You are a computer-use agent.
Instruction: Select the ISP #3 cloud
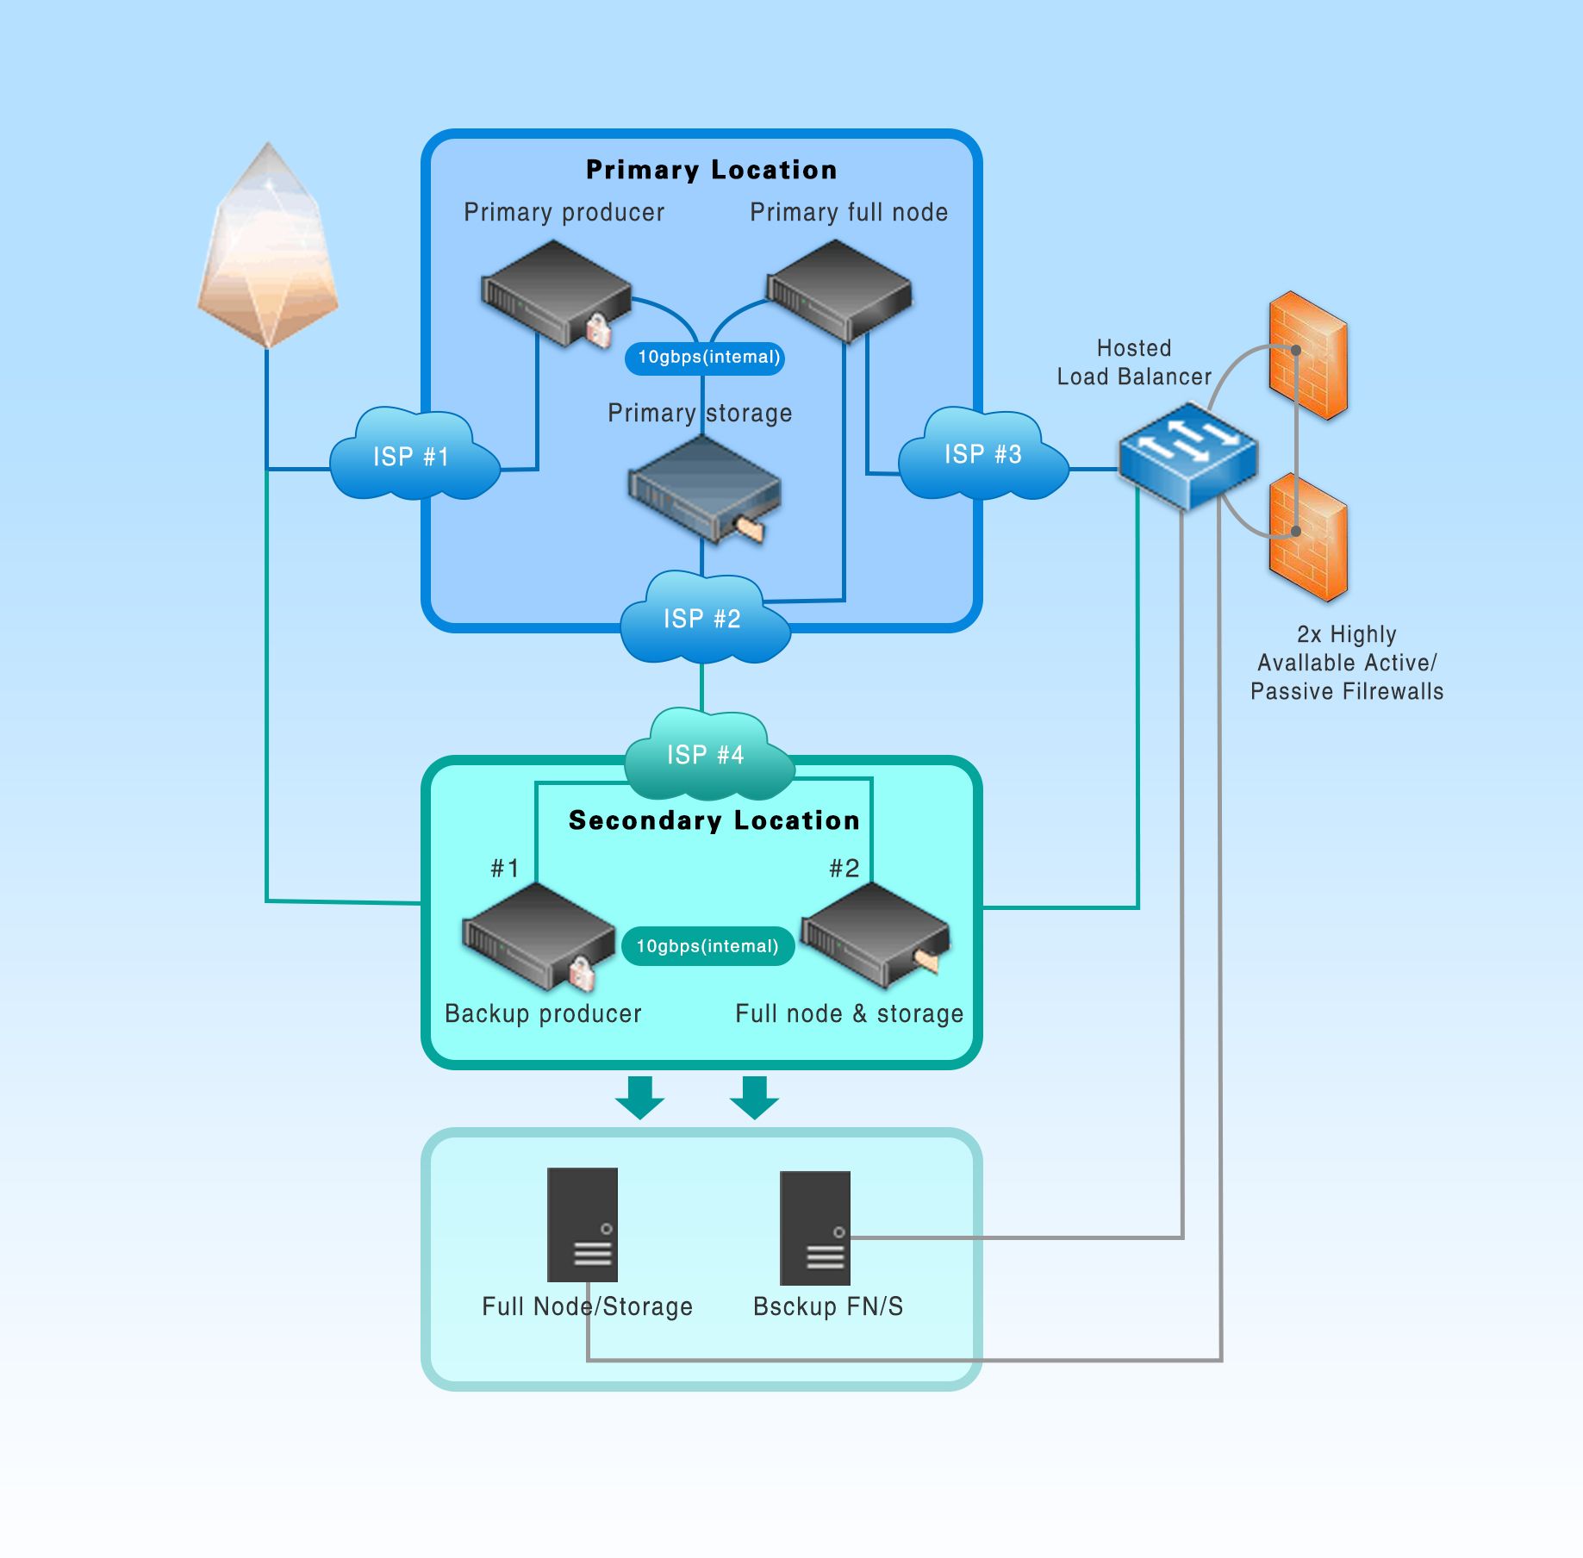[x=983, y=454]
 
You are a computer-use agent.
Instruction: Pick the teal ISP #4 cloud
[x=707, y=754]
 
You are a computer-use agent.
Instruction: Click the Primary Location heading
[x=711, y=170]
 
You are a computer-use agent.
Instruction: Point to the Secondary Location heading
[x=714, y=820]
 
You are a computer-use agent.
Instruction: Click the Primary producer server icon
[x=556, y=293]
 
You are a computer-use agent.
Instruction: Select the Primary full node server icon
[x=838, y=289]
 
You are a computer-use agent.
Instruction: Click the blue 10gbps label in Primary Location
[x=707, y=357]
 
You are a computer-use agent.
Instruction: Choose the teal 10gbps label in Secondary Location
[x=707, y=946]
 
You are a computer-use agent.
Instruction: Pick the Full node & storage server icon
[x=876, y=935]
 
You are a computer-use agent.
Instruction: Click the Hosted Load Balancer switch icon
[x=1187, y=455]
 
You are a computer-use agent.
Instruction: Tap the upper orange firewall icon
[x=1308, y=355]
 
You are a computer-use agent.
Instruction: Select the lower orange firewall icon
[x=1308, y=536]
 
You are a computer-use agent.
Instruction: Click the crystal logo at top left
[x=267, y=246]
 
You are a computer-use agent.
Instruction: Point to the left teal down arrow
[x=639, y=1096]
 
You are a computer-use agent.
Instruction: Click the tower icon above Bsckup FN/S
[x=814, y=1227]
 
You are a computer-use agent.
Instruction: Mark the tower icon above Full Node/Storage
[x=583, y=1224]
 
